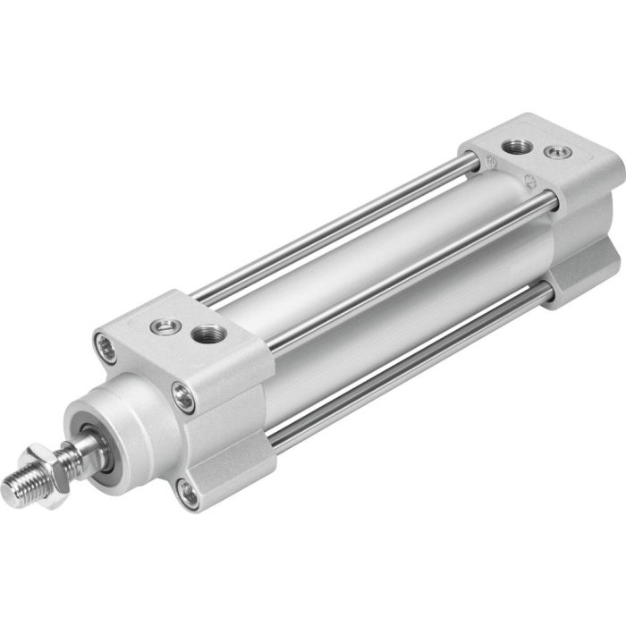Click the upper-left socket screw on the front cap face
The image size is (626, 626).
(x=106, y=347)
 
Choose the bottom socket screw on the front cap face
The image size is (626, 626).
(x=188, y=492)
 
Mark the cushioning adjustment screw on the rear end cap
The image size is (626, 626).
(x=560, y=153)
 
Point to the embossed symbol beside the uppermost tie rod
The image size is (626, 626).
(x=491, y=161)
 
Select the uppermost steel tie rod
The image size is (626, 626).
(x=340, y=228)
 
